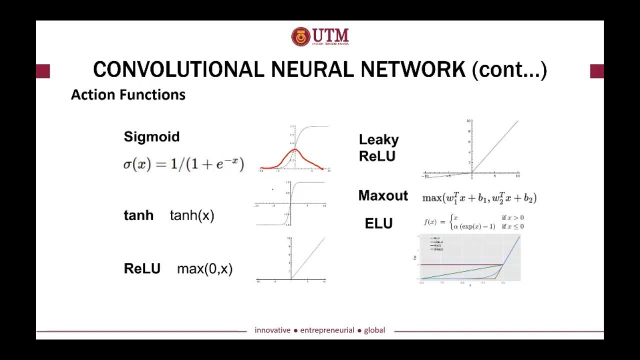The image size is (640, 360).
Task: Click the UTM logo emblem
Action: pos(301,36)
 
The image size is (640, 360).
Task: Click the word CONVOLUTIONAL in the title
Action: pos(178,70)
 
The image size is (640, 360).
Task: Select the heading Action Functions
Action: pos(128,95)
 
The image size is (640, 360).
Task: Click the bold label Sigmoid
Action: pos(151,137)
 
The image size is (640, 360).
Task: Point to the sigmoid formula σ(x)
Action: pos(183,163)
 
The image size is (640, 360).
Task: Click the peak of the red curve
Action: pos(295,150)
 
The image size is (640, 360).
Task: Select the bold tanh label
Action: pos(138,216)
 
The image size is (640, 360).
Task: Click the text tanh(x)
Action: pos(192,216)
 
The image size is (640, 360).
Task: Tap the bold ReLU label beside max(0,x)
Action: pos(142,269)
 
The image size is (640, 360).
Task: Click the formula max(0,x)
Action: pos(204,269)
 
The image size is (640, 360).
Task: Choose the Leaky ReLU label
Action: pos(378,148)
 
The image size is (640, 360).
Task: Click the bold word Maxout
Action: pos(383,196)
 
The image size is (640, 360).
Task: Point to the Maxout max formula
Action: pos(479,197)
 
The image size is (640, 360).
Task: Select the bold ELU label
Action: pos(378,223)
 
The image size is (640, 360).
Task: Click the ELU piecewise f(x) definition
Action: pos(473,222)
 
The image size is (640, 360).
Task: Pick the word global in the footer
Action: pos(374,330)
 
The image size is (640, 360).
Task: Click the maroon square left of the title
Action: pos(43,71)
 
